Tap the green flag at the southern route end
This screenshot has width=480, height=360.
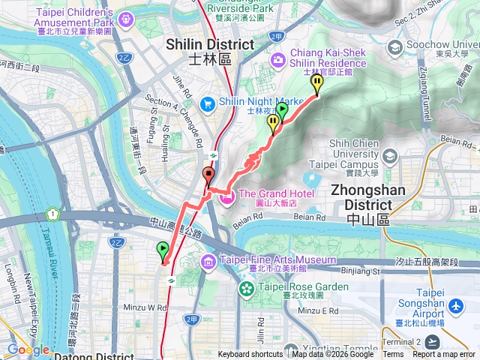pyautogui.click(x=162, y=250)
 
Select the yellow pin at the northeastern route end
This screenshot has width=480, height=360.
pyautogui.click(x=316, y=83)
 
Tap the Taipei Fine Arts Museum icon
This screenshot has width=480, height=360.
pyautogui.click(x=208, y=262)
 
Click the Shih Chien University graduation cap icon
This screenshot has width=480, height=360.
pyautogui.click(x=389, y=156)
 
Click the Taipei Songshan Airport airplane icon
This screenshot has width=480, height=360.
pyautogui.click(x=457, y=307)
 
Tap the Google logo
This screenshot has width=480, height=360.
pyautogui.click(x=28, y=349)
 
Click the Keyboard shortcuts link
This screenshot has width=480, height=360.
pyautogui.click(x=250, y=355)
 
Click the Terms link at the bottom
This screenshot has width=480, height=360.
pyautogui.click(x=393, y=355)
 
